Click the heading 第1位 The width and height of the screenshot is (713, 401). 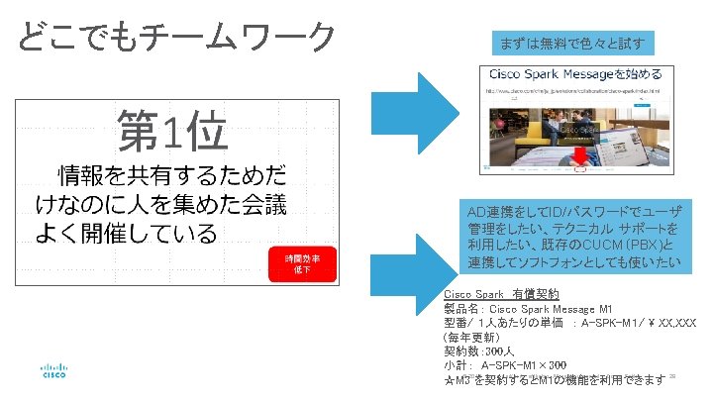pyautogui.click(x=172, y=131)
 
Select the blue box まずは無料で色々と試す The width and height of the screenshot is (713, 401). pyautogui.click(x=572, y=44)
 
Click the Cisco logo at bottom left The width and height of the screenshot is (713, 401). pyautogui.click(x=53, y=370)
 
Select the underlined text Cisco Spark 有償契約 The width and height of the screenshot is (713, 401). pyautogui.click(x=502, y=295)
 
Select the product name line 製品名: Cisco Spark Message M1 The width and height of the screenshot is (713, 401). pyautogui.click(x=529, y=309)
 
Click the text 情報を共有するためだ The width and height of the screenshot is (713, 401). pyautogui.click(x=173, y=176)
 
